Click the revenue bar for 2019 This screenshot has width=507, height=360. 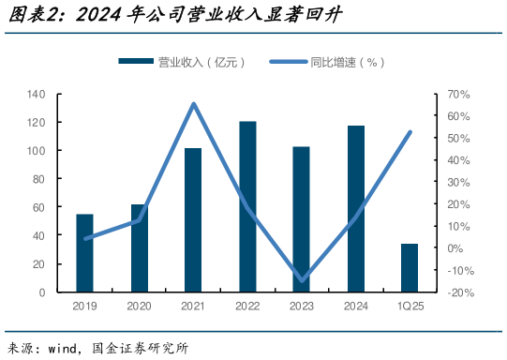[84, 253]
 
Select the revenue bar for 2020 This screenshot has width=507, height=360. [139, 248]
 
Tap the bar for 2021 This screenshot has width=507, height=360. [193, 220]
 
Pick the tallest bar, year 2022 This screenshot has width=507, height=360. [247, 206]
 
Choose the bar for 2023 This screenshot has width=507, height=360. [301, 219]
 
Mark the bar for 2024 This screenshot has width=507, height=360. [356, 209]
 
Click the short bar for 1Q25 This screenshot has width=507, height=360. [410, 268]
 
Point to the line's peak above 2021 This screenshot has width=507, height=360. [193, 104]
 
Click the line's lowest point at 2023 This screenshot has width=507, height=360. [302, 280]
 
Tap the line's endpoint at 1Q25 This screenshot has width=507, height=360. [410, 132]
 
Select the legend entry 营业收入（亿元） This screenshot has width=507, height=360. [182, 62]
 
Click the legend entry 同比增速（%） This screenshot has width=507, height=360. [327, 62]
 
